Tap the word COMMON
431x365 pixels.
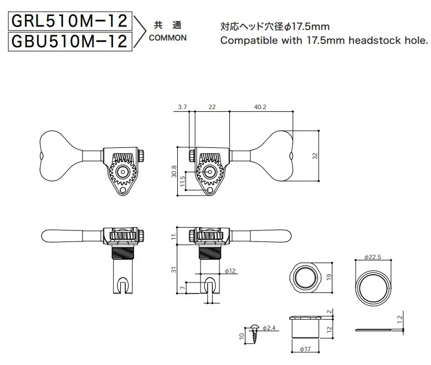(167, 39)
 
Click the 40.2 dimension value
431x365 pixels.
(260, 107)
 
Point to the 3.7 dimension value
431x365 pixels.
(183, 107)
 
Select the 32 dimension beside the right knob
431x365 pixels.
(315, 156)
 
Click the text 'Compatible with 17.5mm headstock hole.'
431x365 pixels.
(324, 40)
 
